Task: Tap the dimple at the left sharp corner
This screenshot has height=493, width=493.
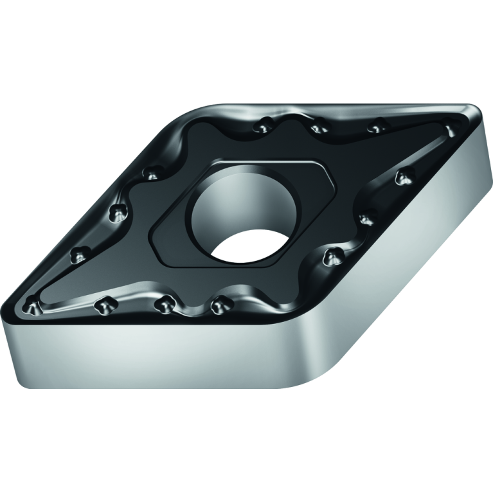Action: coord(32,307)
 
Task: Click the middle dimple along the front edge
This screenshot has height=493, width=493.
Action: coord(166,304)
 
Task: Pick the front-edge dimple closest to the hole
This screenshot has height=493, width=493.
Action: coord(221,302)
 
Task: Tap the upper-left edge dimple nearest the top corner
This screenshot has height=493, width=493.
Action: coord(152,173)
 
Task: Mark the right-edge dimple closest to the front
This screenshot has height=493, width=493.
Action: coord(331,258)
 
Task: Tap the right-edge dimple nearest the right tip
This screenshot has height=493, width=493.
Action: coord(404,176)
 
